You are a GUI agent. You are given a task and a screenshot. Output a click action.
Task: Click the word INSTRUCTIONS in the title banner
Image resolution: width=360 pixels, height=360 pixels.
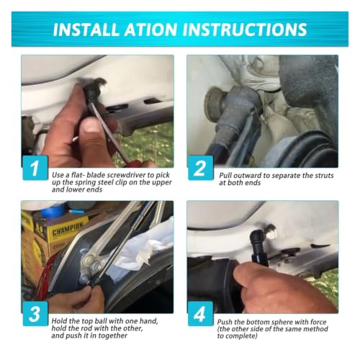click(x=246, y=30)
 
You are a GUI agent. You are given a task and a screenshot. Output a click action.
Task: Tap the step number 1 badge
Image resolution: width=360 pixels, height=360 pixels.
click(x=35, y=168)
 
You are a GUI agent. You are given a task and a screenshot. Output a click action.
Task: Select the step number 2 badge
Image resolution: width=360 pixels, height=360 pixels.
click(x=201, y=168)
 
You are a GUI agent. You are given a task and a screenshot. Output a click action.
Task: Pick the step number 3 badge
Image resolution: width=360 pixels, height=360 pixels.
click(x=35, y=314)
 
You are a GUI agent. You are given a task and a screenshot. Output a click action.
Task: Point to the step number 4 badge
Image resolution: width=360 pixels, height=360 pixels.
click(x=201, y=314)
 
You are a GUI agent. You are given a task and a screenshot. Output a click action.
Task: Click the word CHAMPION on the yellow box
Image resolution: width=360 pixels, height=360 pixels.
click(x=68, y=228)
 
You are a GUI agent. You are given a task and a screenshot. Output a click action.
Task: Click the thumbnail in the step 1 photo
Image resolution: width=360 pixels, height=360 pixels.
click(x=90, y=129)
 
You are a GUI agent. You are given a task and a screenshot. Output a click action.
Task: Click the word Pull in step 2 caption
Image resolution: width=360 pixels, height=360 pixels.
click(x=225, y=176)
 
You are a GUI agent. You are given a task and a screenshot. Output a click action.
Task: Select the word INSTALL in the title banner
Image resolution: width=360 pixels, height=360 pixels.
click(x=86, y=30)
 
